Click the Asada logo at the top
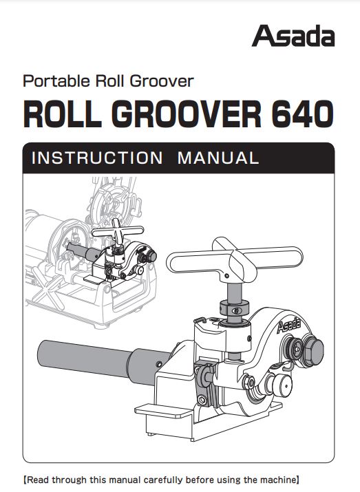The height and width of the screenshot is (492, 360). pos(293,36)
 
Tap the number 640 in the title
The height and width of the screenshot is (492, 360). pos(302,114)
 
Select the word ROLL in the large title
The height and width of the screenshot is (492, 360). pos(62,114)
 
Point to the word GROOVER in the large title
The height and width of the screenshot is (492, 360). pos(187,114)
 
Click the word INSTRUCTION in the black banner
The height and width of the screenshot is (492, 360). pos(97,158)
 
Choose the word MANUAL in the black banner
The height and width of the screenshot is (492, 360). pos(218,158)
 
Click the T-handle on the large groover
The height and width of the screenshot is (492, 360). pos(235,259)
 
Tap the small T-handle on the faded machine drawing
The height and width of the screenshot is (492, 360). pos(117,232)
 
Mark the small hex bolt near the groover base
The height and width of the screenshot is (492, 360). pos(202,400)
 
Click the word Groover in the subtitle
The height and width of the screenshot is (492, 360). pos(162,81)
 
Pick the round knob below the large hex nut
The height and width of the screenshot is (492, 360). pos(282,385)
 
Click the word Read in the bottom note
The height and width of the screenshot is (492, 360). pos(38,480)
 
